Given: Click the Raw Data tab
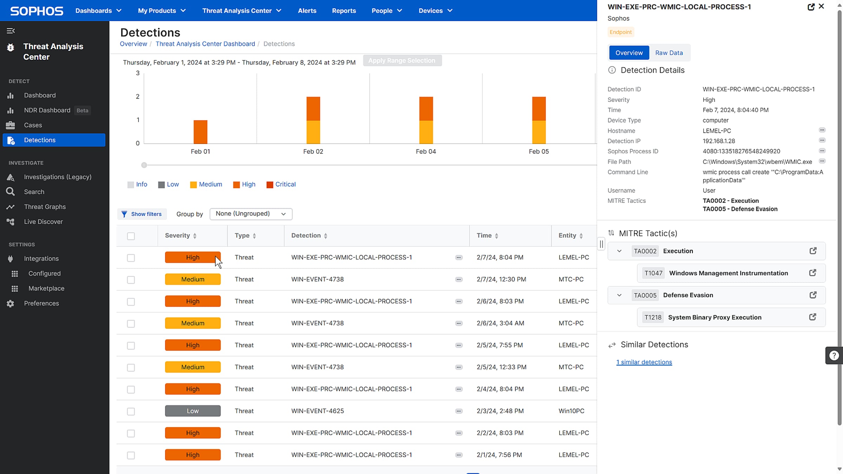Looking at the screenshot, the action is click(669, 53).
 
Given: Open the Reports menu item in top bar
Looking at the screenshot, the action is click(344, 11).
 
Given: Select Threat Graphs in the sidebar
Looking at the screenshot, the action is click(45, 207).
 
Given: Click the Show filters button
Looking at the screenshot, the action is click(142, 214).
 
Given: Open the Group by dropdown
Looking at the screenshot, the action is click(251, 214).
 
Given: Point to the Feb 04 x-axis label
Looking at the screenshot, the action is click(426, 151).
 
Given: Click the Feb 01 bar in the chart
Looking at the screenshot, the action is click(200, 132).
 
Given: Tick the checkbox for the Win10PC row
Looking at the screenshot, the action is click(131, 412).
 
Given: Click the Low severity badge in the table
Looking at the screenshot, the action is click(193, 411).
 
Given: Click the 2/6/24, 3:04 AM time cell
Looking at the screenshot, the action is click(500, 323).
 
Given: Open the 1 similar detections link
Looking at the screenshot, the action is click(644, 362).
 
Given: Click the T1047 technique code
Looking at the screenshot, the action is click(653, 273).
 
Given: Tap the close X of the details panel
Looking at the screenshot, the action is click(822, 6).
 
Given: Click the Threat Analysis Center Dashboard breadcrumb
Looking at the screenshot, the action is click(205, 44).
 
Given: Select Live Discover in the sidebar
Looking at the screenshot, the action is click(43, 222).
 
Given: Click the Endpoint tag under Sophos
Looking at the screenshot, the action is click(621, 32).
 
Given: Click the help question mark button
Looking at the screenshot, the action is click(834, 355).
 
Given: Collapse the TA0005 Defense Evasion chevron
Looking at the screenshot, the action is click(619, 295).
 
